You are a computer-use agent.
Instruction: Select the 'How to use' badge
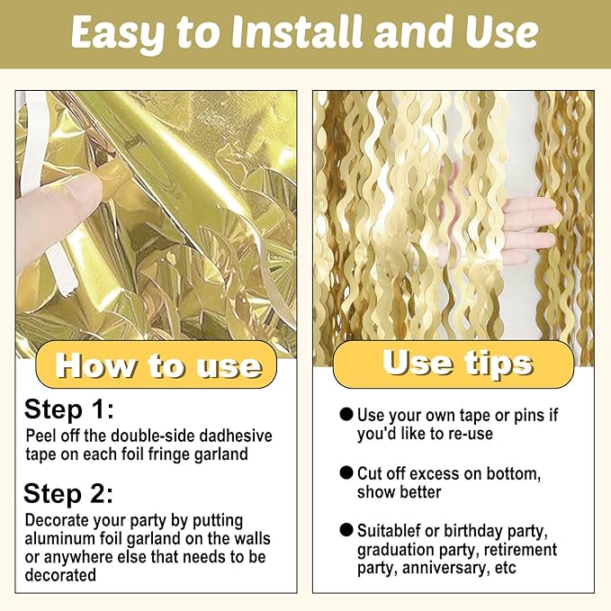(158, 366)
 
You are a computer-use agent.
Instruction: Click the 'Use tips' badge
(457, 363)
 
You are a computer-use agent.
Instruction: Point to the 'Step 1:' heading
(68, 409)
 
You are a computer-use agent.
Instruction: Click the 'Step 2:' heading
(68, 493)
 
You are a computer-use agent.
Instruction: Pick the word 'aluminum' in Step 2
(58, 539)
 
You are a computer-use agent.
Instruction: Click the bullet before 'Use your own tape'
(346, 415)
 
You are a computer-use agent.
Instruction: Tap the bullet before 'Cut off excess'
(346, 473)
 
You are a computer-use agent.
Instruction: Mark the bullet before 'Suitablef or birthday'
(346, 531)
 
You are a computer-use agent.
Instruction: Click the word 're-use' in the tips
(471, 434)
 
